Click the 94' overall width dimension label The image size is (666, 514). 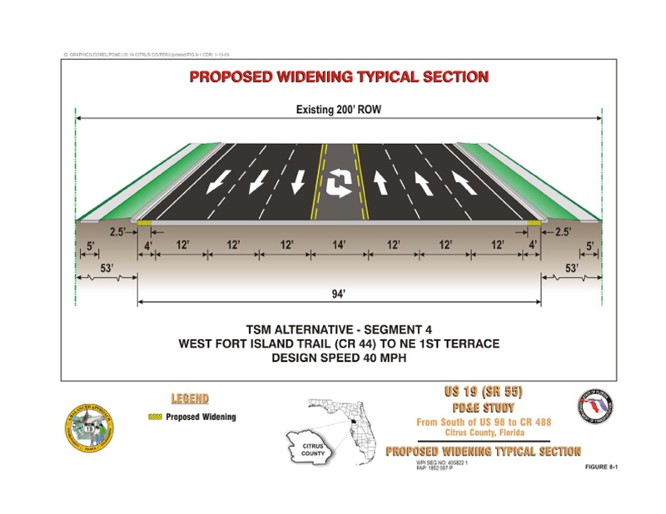tap(338, 294)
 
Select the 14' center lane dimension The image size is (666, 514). tap(339, 245)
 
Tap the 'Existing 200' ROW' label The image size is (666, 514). tap(338, 110)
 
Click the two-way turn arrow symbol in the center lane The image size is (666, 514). tap(339, 181)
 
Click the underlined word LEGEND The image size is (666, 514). tap(190, 398)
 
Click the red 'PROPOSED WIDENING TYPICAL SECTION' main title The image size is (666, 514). tap(339, 77)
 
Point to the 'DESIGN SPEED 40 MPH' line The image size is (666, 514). tap(339, 358)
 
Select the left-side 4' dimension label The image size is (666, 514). tap(149, 245)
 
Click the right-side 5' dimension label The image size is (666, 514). tap(589, 245)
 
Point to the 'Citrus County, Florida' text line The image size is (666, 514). tap(484, 432)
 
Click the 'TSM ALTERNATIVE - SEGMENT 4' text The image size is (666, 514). tap(339, 329)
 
